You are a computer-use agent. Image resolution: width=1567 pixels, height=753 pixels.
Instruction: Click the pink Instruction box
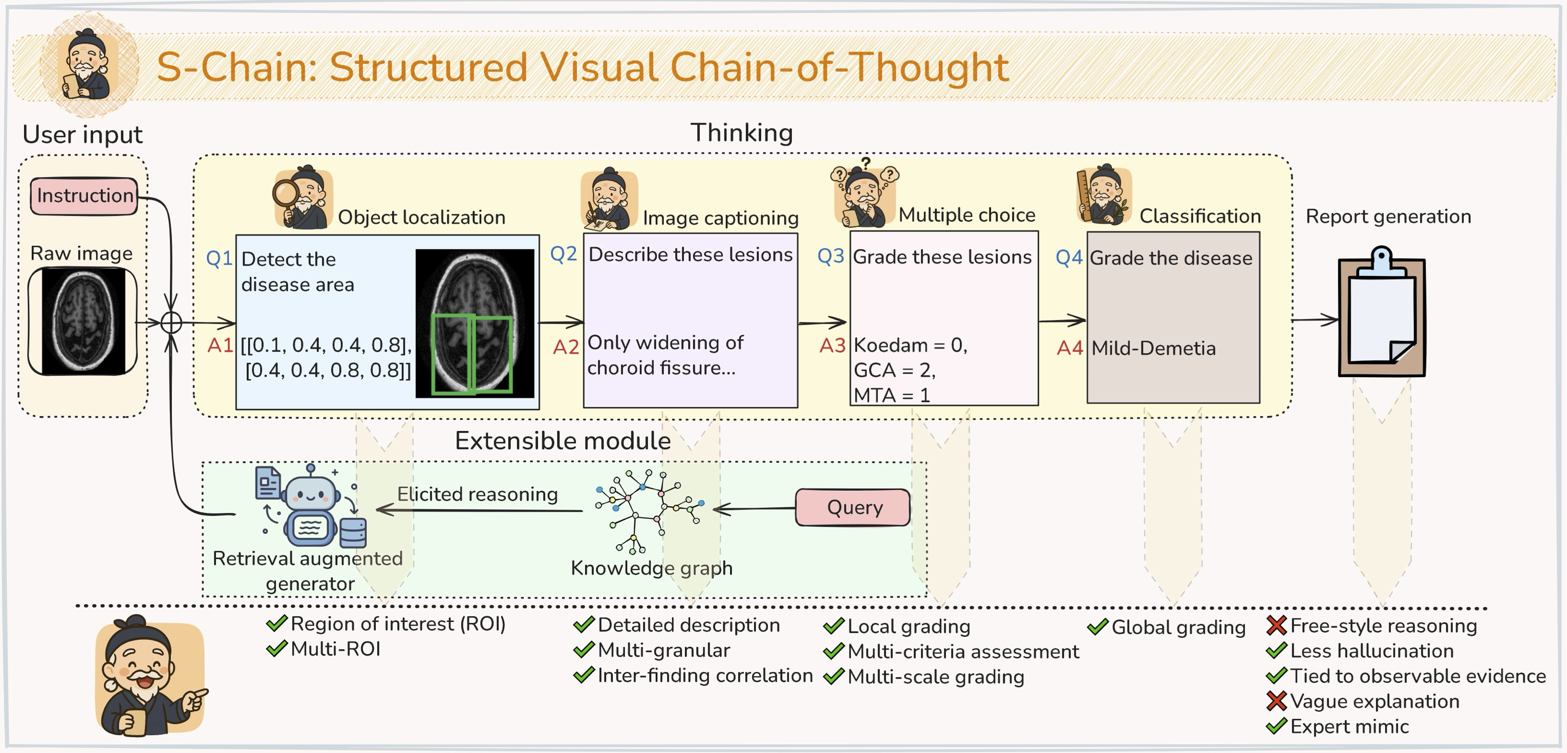click(x=84, y=196)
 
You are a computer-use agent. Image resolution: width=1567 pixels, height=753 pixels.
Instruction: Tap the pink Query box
click(x=853, y=507)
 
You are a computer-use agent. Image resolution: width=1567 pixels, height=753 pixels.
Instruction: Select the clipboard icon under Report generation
click(x=1382, y=313)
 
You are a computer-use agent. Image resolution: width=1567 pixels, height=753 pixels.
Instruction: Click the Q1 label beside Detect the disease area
click(x=219, y=259)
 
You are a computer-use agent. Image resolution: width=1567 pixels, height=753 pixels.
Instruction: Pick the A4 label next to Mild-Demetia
click(x=1069, y=348)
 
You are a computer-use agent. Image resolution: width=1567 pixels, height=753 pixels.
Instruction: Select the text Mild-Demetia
click(x=1153, y=348)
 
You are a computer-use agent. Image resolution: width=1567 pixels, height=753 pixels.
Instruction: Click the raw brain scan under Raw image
click(x=83, y=321)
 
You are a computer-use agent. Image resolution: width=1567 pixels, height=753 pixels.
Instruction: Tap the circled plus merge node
click(x=171, y=322)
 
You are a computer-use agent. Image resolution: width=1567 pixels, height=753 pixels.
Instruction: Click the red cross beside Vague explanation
click(x=1276, y=701)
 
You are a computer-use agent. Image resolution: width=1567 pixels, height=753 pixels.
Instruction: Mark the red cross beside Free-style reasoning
click(x=1276, y=625)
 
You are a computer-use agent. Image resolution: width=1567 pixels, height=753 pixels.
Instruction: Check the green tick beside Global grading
click(x=1098, y=627)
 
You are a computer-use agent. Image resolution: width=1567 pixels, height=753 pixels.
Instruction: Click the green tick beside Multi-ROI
click(x=277, y=649)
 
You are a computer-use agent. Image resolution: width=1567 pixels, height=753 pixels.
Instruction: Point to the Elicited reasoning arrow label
click(x=478, y=494)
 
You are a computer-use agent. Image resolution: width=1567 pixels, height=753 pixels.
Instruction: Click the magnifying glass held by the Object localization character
click(x=285, y=193)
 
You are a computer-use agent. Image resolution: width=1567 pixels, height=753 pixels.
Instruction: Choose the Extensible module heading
click(x=563, y=440)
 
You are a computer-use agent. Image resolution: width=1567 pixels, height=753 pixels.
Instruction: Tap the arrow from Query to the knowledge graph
click(x=754, y=508)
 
